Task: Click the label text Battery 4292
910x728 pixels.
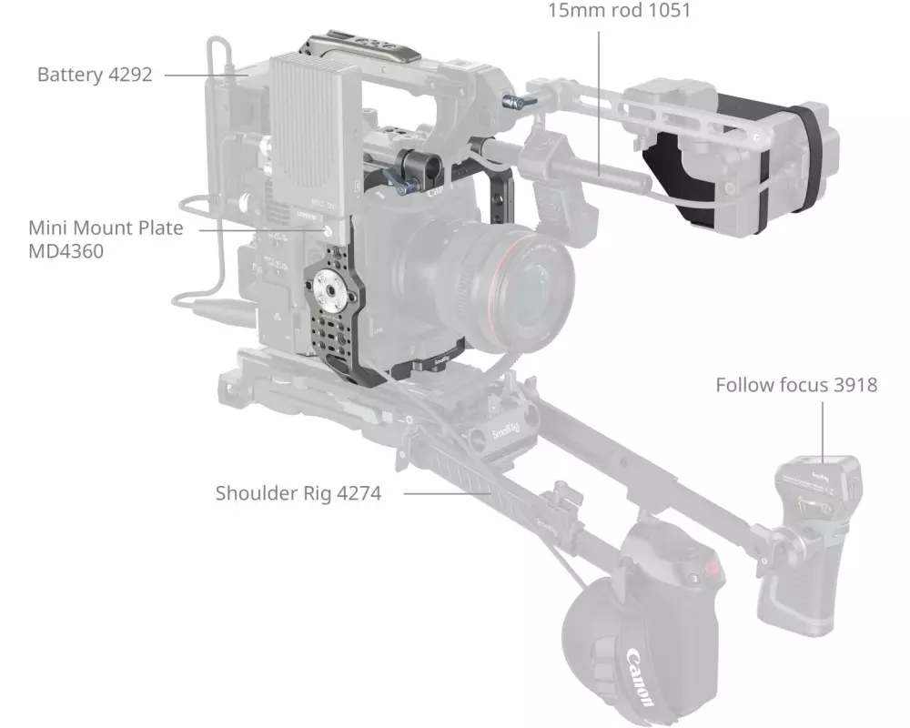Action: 95,75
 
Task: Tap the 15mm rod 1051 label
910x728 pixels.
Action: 619,10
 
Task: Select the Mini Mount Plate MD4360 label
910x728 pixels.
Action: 106,239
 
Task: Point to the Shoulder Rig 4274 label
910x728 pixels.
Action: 298,493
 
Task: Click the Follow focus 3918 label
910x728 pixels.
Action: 796,385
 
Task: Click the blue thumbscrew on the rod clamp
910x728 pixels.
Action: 402,186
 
